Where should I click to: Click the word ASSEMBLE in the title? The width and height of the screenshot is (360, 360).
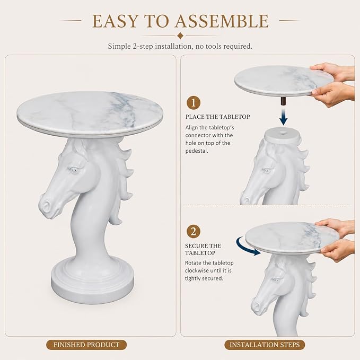[222, 21]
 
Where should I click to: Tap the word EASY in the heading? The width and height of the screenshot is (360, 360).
[115, 21]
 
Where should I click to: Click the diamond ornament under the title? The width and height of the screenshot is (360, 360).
[180, 36]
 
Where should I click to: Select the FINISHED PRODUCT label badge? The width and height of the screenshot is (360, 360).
[86, 345]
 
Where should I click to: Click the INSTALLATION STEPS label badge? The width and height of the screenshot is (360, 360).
[265, 345]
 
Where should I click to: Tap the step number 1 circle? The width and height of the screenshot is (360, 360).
[194, 103]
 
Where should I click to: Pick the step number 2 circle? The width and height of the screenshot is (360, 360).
[194, 231]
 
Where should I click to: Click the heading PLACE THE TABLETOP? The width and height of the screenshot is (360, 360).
[218, 117]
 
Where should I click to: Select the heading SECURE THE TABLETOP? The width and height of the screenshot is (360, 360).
[203, 249]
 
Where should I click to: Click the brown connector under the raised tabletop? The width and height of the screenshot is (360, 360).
[284, 101]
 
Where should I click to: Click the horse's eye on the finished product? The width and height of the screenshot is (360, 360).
[74, 170]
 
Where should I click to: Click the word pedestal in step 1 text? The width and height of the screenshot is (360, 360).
[197, 151]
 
